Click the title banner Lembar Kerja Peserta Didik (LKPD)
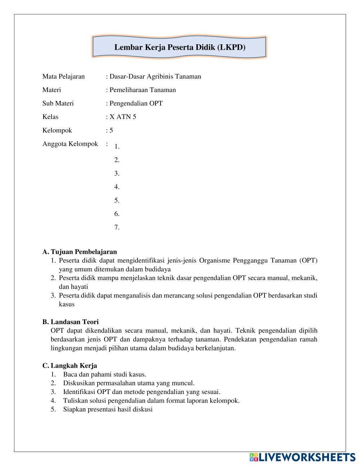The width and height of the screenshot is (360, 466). coord(180,47)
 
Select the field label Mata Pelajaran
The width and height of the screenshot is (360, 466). coord(63,76)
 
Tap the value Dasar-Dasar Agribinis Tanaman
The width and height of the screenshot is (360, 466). coord(155,76)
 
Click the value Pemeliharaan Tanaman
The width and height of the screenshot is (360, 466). coord(143,90)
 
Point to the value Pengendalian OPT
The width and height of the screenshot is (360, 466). coord(136,103)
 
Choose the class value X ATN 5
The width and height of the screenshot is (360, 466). coord(123,117)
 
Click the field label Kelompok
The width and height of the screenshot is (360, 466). coord(57,130)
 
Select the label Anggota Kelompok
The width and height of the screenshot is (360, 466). coord(70,144)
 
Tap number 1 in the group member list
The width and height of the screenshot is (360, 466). coord(117,147)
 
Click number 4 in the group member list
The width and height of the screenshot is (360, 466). coord(117,187)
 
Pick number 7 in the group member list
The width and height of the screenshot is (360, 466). coord(117,227)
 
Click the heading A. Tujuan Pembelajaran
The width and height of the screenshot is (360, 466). coord(80,252)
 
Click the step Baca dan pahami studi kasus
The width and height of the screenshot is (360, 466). coord(104,375)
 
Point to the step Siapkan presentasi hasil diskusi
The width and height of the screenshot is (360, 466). coord(108,409)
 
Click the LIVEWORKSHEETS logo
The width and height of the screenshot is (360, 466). coord(302,457)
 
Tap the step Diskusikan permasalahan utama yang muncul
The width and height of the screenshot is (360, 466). coord(129,383)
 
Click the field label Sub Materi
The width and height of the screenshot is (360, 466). coord(58,103)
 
